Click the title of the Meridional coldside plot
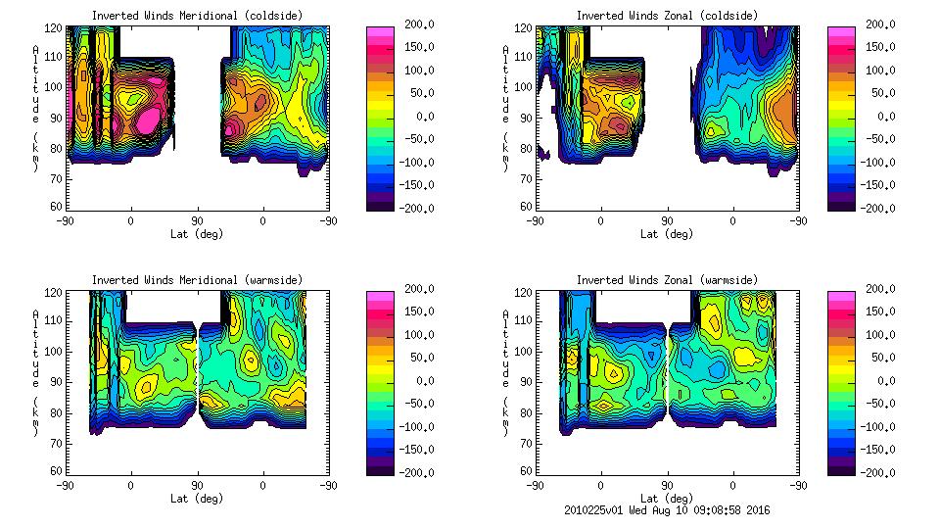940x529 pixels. point(197,16)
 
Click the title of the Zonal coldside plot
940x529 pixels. point(667,16)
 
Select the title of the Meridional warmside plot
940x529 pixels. point(197,280)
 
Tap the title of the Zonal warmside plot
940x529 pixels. point(667,280)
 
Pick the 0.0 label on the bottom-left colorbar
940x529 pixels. point(415,380)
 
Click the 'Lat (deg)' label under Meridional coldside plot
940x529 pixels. point(197,234)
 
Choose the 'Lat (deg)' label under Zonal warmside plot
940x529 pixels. point(667,499)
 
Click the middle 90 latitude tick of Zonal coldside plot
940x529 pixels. point(667,220)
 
